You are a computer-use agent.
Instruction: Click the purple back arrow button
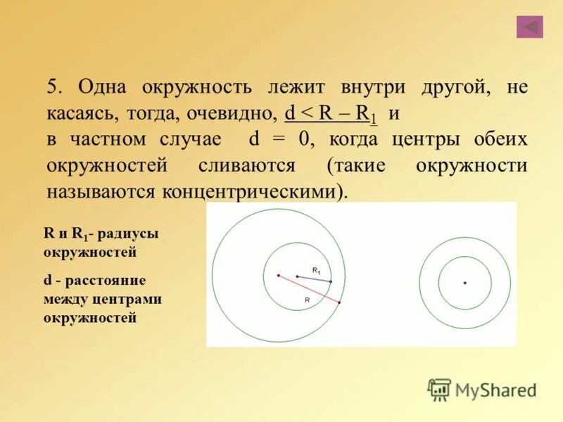click(529, 27)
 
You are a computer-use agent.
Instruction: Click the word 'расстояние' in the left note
click(109, 281)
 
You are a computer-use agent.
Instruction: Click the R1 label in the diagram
click(317, 271)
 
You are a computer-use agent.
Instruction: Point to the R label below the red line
click(308, 300)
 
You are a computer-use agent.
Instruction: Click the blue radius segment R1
click(314, 279)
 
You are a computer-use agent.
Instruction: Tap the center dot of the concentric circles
click(464, 283)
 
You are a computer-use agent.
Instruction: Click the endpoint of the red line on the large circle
click(339, 302)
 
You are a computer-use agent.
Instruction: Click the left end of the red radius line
click(279, 275)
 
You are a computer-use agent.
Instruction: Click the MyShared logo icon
click(440, 390)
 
